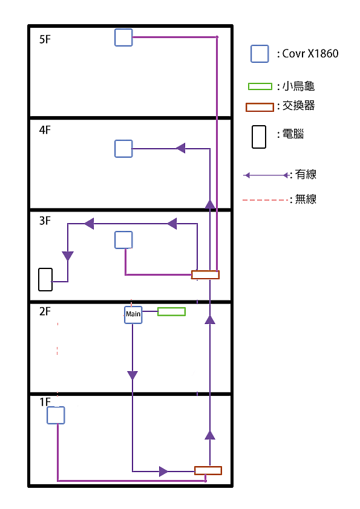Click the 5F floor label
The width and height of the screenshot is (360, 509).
45,39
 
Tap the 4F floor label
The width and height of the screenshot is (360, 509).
45,130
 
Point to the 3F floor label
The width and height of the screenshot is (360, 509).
45,221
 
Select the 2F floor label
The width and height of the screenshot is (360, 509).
45,311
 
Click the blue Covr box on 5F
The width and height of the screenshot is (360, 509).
123,37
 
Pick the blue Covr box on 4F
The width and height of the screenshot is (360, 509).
123,149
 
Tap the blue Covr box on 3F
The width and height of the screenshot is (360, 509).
123,240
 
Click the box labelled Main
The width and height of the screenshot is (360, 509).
133,314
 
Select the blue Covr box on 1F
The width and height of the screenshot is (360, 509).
56,415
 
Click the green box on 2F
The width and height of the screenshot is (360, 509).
172,312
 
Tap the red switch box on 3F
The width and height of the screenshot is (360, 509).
205,274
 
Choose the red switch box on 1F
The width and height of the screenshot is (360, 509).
208,470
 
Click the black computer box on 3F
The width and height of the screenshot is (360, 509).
45,279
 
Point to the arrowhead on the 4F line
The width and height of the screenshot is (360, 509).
180,148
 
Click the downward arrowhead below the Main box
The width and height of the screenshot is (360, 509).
133,375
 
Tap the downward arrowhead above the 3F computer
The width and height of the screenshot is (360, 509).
68,256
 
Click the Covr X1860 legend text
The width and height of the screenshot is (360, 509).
310,53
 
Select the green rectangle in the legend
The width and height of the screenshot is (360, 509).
260,86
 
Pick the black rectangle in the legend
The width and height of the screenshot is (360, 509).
259,137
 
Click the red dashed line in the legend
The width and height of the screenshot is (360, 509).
266,200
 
